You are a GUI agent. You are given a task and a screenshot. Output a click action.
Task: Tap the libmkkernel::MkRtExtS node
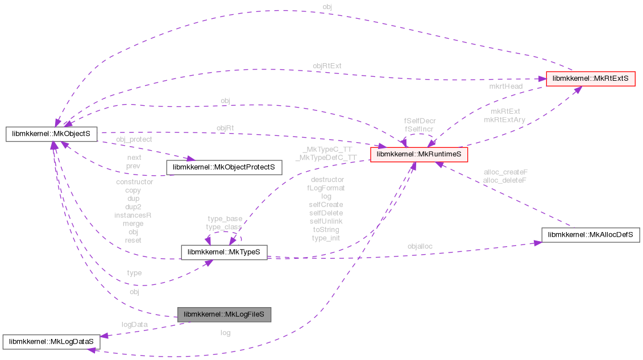[x=590, y=79]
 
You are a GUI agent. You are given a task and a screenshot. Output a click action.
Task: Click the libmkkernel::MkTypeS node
[x=224, y=252]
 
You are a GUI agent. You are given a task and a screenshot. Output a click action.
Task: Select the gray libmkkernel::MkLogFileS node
[x=224, y=314]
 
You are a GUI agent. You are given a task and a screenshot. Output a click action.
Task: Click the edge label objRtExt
[x=327, y=66]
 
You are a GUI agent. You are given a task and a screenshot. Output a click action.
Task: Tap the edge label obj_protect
[x=134, y=139]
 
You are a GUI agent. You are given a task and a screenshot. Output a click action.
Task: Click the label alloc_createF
[x=505, y=172]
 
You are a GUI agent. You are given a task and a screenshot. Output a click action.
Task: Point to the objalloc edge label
[x=420, y=247]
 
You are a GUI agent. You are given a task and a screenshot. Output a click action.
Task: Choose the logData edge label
[x=134, y=324]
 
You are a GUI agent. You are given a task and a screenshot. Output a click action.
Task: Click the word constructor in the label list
[x=134, y=182]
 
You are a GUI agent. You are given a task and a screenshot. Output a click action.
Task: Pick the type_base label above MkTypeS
[x=225, y=219]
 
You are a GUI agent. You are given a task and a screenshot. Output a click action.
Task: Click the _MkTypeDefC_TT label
[x=326, y=158]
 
